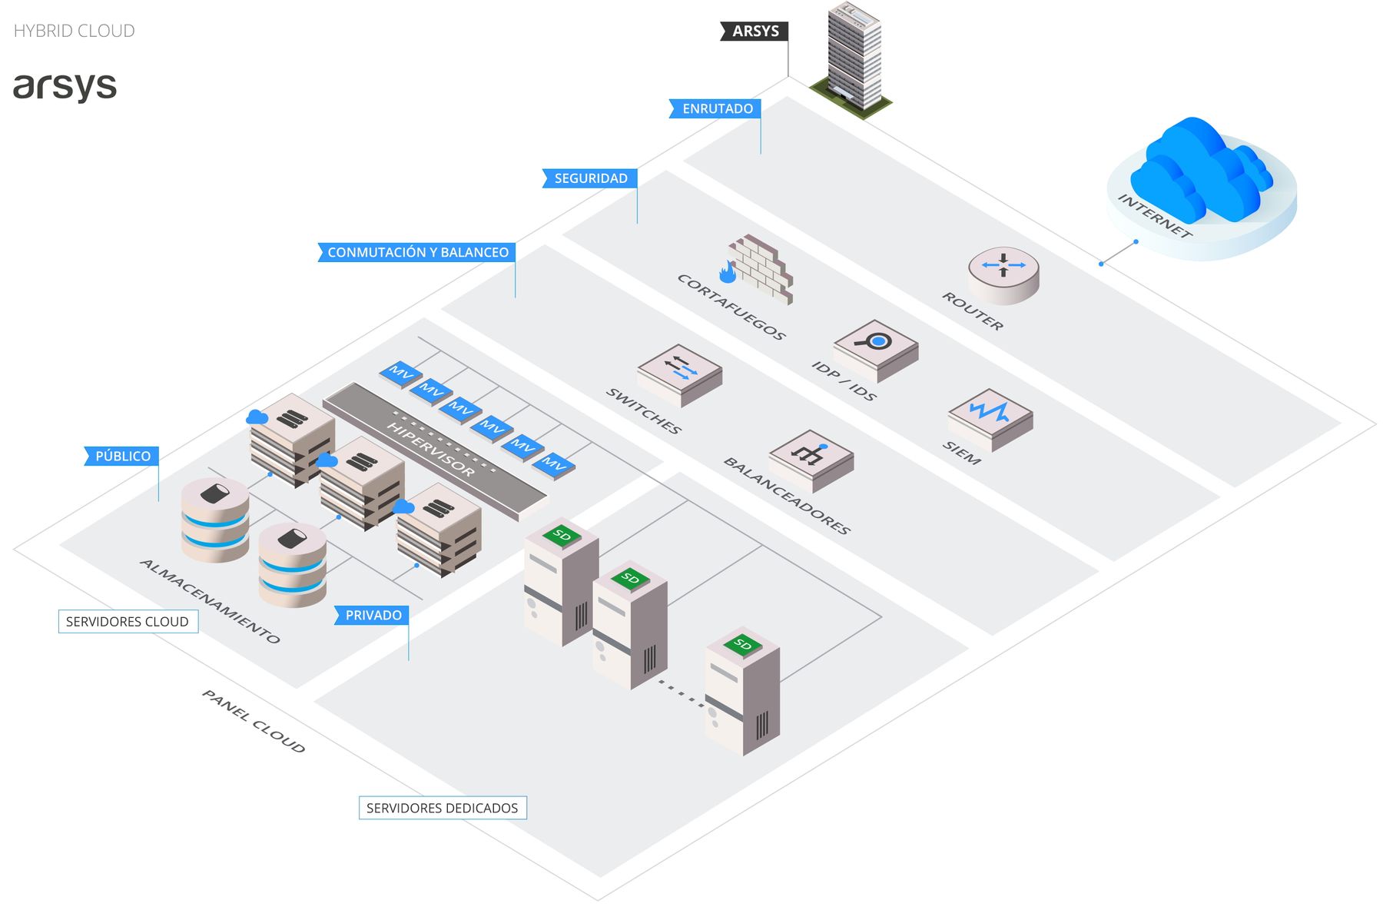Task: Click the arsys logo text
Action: point(65,86)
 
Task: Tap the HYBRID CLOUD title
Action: point(74,31)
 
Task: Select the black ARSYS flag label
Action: point(755,32)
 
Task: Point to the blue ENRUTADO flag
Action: point(716,108)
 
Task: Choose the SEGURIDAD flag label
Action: point(590,178)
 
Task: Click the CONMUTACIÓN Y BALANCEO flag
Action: point(416,252)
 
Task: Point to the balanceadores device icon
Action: point(811,459)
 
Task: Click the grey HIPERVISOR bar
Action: point(434,450)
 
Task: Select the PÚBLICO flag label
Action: point(122,456)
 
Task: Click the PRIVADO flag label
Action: point(373,615)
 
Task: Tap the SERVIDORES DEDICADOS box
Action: point(443,808)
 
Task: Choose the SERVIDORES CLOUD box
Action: point(128,621)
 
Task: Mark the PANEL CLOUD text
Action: point(254,721)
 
